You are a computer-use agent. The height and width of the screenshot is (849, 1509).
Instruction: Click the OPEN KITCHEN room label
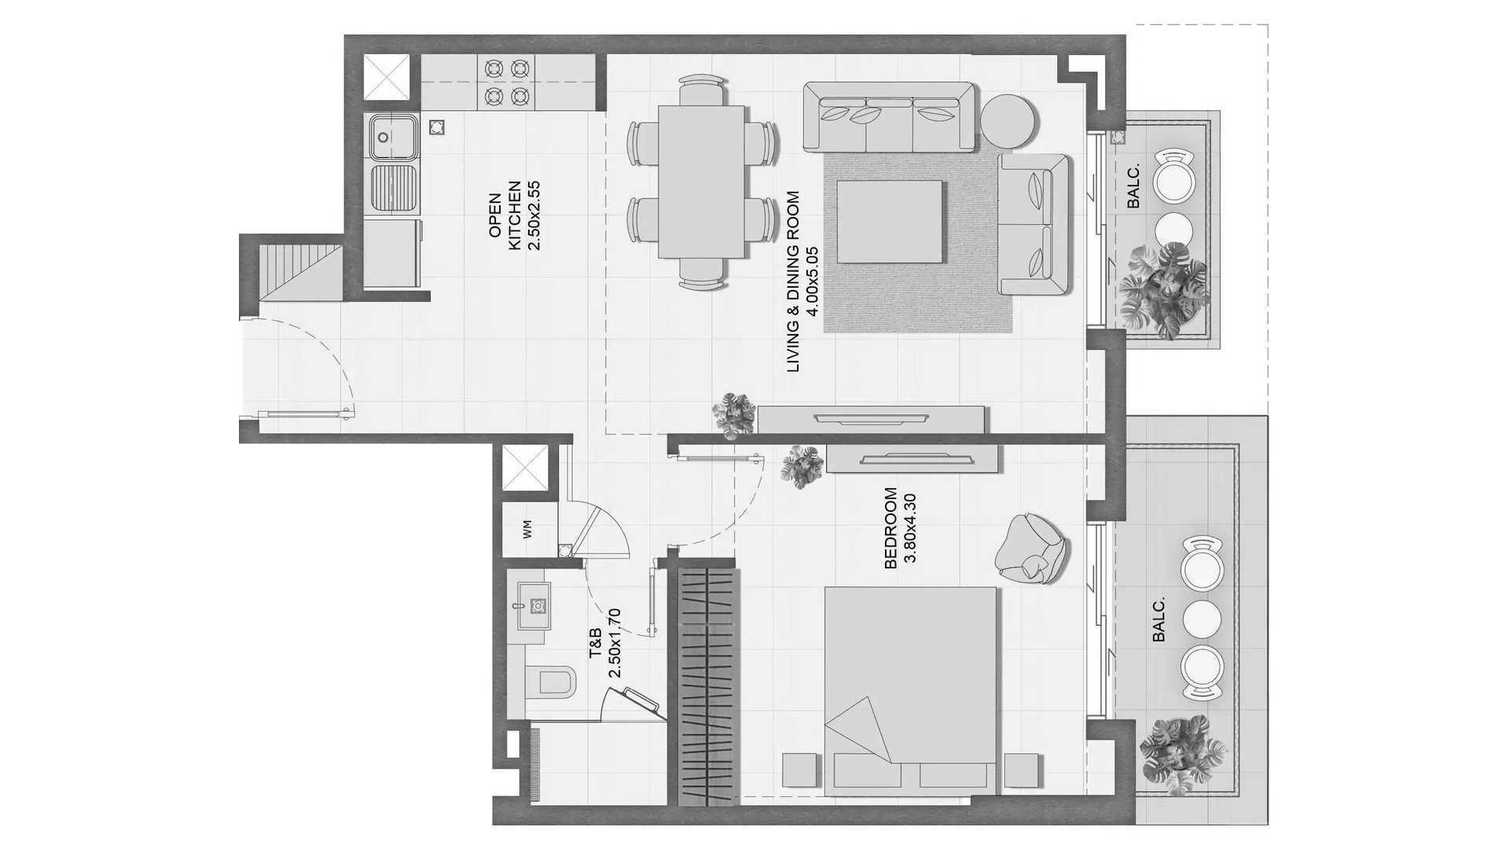[514, 215]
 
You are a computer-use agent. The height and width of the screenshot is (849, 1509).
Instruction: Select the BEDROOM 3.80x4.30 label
[900, 527]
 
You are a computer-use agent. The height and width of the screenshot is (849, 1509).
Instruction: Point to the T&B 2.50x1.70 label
[604, 642]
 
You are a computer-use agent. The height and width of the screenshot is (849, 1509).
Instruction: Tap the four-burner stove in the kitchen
[505, 83]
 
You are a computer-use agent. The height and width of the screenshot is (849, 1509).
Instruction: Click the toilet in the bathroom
[551, 681]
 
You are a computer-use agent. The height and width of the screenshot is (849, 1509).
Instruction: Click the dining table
[701, 182]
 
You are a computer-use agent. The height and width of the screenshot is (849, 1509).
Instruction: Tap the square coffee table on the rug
[889, 222]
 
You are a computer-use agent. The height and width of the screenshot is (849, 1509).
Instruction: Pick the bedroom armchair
[1030, 549]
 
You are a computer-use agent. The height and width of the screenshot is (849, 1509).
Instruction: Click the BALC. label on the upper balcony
[1133, 190]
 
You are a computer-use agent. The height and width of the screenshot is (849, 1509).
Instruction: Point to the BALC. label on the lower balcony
[1158, 619]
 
